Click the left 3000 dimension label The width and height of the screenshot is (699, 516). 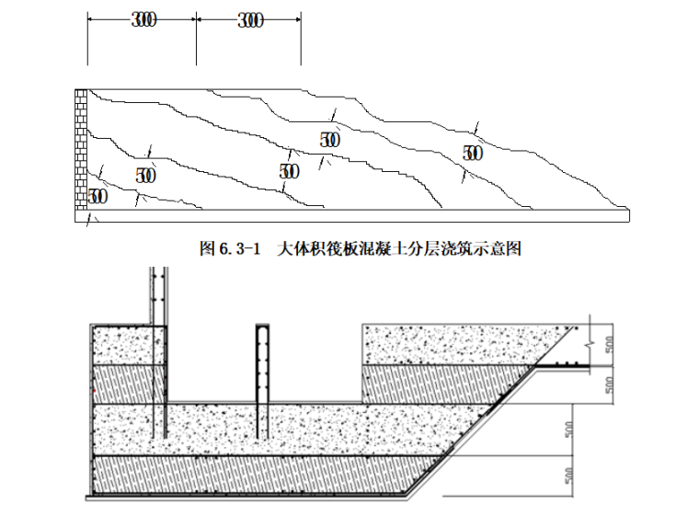[143, 21]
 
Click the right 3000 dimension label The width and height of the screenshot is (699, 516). [248, 21]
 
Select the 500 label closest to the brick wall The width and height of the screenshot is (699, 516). [97, 196]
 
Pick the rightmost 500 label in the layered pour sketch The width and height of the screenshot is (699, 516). [472, 154]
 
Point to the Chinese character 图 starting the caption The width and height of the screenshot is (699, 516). [206, 248]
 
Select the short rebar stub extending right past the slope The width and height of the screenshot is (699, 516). [566, 367]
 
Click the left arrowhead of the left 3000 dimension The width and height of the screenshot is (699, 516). [88, 21]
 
